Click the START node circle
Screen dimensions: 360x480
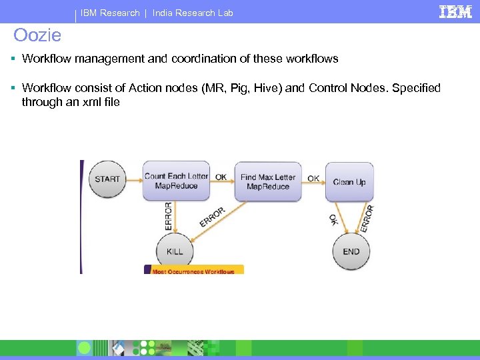107,179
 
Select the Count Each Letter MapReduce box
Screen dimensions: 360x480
176,181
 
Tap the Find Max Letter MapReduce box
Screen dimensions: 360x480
267,181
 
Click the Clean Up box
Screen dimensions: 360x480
349,181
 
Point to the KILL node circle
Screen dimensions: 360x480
174,251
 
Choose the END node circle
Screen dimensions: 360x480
351,251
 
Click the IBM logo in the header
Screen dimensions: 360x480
455,12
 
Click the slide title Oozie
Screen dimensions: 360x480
37,35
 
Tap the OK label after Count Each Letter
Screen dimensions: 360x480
221,177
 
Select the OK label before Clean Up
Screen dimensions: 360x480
313,178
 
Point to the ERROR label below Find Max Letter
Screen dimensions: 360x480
213,216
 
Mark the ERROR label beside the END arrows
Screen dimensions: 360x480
367,219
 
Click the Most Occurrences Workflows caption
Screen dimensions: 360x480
193,271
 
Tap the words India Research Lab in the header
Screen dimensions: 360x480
193,13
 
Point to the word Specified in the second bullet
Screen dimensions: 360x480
415,88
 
